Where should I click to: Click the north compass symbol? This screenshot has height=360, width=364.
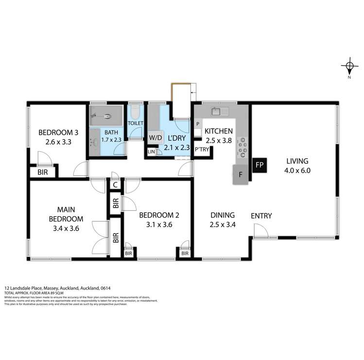tap(349, 67)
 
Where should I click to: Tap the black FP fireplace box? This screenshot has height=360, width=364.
tap(259, 165)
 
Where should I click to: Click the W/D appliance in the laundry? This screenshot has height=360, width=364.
tap(156, 137)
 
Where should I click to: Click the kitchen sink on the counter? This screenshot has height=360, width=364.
tap(217, 112)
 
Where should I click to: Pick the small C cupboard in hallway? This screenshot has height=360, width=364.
tap(115, 184)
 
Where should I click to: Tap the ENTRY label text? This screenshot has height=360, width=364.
tap(261, 216)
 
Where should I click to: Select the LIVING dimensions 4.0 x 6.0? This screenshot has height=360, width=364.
tap(298, 171)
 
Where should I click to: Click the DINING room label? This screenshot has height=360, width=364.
tap(223, 215)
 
